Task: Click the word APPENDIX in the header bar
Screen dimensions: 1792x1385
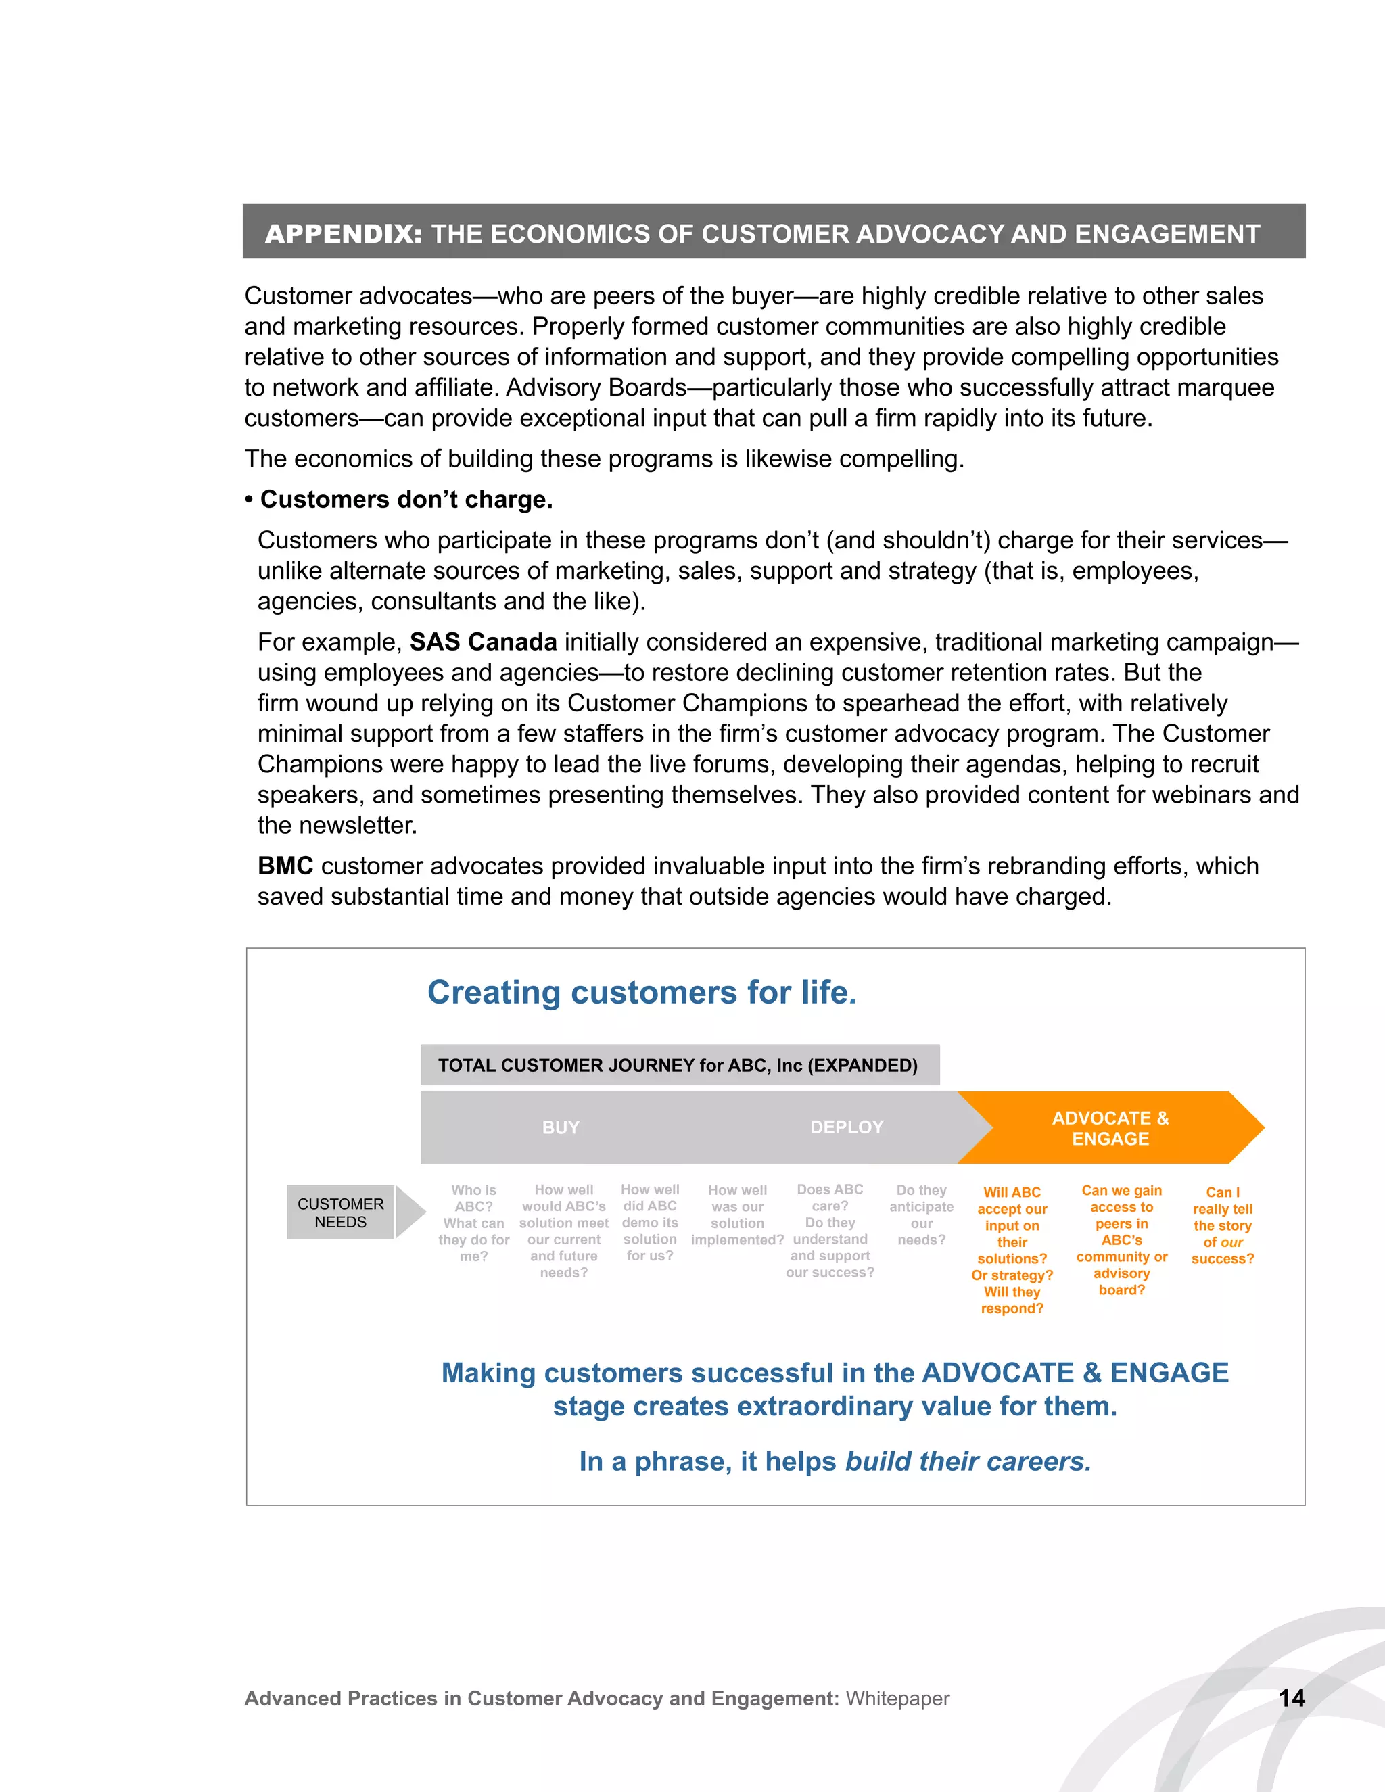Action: (x=343, y=234)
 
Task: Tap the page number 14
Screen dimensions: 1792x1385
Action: (x=1292, y=1697)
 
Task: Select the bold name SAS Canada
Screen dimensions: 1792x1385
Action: (x=484, y=642)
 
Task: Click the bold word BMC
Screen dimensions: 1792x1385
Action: (x=285, y=866)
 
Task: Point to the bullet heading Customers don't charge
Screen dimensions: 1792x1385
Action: (x=406, y=499)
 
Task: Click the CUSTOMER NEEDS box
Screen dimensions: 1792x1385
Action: (x=341, y=1212)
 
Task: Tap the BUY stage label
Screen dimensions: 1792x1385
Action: (x=561, y=1127)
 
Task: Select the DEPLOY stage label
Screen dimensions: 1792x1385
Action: (x=847, y=1127)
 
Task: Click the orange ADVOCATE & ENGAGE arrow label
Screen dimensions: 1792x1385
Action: (x=1110, y=1128)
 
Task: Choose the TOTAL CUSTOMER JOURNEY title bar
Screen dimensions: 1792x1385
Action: (x=678, y=1065)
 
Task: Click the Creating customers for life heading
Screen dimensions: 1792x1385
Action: (x=642, y=992)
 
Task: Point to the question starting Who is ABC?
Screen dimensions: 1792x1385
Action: (x=473, y=1223)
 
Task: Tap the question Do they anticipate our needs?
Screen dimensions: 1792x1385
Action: (x=922, y=1215)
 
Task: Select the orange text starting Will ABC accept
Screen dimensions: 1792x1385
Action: (x=1012, y=1250)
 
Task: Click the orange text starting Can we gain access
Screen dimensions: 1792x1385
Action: (x=1122, y=1239)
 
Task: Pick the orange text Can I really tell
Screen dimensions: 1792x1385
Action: (x=1223, y=1225)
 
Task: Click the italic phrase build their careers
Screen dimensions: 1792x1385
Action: (x=968, y=1461)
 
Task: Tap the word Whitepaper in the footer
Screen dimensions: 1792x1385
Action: (x=897, y=1699)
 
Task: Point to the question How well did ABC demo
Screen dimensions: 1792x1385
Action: (x=650, y=1222)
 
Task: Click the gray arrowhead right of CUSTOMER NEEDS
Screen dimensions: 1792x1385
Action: (x=409, y=1212)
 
